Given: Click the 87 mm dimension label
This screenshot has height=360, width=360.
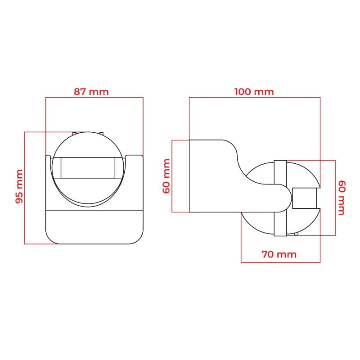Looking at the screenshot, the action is (91, 92).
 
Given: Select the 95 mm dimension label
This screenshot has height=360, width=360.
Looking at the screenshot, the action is (19, 186).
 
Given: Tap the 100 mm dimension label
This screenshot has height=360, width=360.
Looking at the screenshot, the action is (254, 92).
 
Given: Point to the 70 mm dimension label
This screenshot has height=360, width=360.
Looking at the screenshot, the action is (279, 254).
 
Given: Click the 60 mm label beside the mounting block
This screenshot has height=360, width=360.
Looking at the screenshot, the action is (166, 176).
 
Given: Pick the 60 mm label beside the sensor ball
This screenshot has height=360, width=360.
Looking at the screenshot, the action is (342, 198).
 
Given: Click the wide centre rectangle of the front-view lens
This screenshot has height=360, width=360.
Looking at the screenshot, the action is (88, 168).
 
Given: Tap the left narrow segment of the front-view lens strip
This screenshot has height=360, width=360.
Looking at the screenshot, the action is (57, 168).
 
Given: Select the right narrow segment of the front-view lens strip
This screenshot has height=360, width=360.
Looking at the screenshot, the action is (119, 168).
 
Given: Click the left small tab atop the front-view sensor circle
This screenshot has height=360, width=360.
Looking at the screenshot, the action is (74, 133).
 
